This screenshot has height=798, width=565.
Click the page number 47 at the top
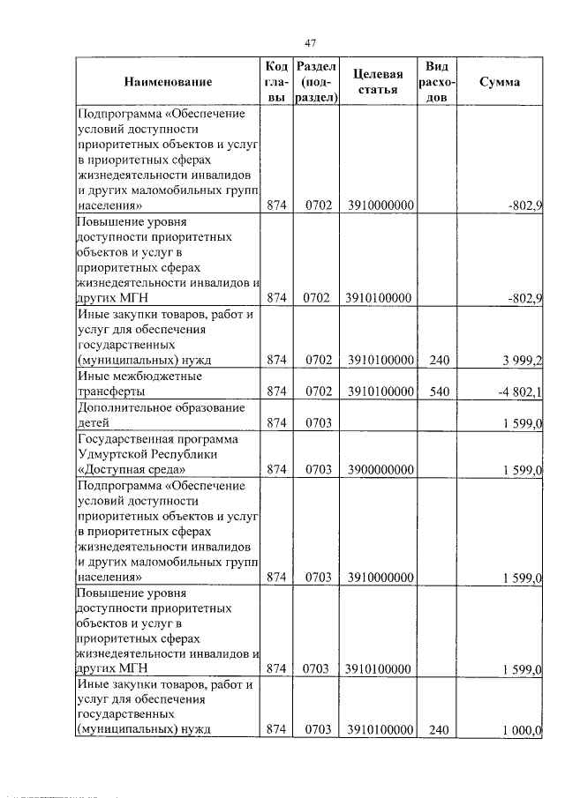pyautogui.click(x=310, y=42)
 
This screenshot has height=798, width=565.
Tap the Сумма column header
pyautogui.click(x=499, y=82)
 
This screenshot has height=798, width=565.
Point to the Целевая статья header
pyautogui.click(x=378, y=82)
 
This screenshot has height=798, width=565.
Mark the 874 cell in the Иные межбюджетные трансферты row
pyautogui.click(x=277, y=392)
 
